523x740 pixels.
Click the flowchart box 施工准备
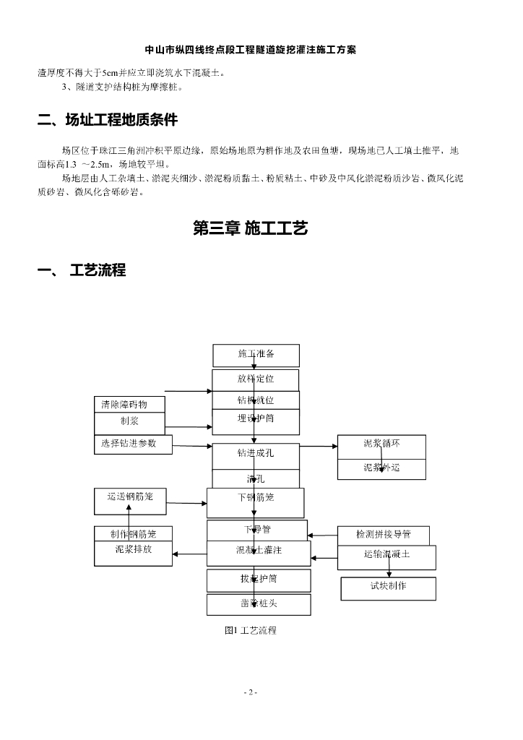pyautogui.click(x=256, y=355)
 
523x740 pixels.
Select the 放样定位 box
pyautogui.click(x=256, y=379)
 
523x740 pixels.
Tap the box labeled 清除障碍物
pyautogui.click(x=129, y=405)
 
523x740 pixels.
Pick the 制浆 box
pyautogui.click(x=129, y=422)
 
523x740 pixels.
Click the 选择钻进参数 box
pyautogui.click(x=134, y=444)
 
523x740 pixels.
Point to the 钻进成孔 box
pyautogui.click(x=256, y=455)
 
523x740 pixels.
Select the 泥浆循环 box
pyautogui.click(x=381, y=444)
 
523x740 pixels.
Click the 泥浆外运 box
pyautogui.click(x=381, y=468)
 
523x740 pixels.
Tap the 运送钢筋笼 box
pyautogui.click(x=130, y=497)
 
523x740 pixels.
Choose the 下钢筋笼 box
pyautogui.click(x=256, y=498)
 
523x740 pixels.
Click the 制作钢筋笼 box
pyautogui.click(x=134, y=534)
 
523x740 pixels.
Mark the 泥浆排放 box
pyautogui.click(x=134, y=551)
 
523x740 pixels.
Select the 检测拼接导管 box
pyautogui.click(x=383, y=535)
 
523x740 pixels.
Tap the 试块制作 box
pyautogui.click(x=388, y=587)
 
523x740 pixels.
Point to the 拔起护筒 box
pyautogui.click(x=259, y=580)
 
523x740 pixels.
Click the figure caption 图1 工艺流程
pyautogui.click(x=251, y=630)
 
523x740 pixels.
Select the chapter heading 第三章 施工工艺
pyautogui.click(x=251, y=228)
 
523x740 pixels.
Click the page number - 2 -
pyautogui.click(x=251, y=692)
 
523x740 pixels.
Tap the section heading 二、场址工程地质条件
pyautogui.click(x=108, y=120)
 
